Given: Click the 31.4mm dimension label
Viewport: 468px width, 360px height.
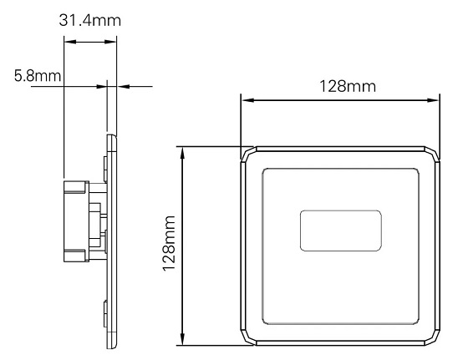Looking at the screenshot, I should tap(90, 19).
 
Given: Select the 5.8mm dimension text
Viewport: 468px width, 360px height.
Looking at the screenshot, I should tap(38, 77).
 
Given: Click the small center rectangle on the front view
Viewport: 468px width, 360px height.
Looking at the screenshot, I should tap(340, 230).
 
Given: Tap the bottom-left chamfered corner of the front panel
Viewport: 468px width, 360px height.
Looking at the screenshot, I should tap(248, 337).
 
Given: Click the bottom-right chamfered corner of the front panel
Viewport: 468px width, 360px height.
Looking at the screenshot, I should tap(432, 337).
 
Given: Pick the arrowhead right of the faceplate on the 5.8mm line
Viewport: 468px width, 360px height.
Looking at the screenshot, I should tap(122, 84).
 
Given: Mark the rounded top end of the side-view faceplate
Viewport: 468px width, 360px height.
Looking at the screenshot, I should tap(111, 136).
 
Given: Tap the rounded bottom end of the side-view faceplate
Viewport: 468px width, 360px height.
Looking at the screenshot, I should tap(111, 342).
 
